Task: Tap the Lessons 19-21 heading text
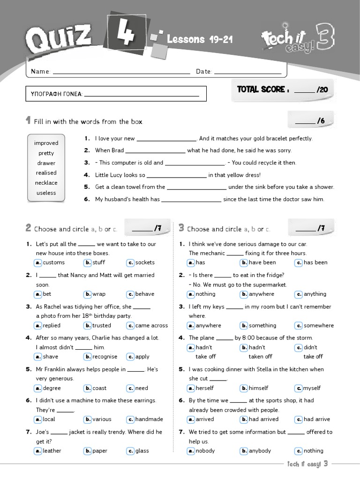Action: click(x=200, y=39)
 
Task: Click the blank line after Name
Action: click(x=122, y=72)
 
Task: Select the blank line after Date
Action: click(x=247, y=72)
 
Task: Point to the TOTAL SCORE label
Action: click(x=261, y=90)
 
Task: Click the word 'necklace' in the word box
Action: click(x=46, y=183)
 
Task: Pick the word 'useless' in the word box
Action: click(x=46, y=193)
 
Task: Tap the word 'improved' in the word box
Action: click(x=46, y=143)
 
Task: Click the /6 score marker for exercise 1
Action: click(x=321, y=121)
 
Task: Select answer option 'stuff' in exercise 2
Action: click(x=99, y=262)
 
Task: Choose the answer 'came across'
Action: click(x=151, y=325)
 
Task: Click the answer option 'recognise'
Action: click(x=105, y=357)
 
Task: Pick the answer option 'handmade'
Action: click(x=149, y=420)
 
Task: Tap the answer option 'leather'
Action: click(x=52, y=451)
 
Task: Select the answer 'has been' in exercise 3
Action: click(x=315, y=262)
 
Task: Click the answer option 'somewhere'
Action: click(x=319, y=325)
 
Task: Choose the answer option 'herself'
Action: click(x=204, y=388)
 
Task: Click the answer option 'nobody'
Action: click(x=205, y=451)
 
